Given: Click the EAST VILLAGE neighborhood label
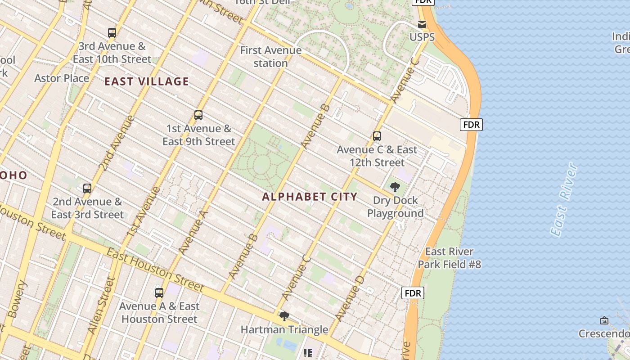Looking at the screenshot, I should (146, 81).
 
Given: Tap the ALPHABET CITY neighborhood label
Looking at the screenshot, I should (310, 197).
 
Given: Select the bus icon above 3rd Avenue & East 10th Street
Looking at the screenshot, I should (112, 33).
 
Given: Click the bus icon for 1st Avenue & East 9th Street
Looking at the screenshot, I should (198, 115).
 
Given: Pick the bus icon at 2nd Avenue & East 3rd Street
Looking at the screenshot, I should (87, 189).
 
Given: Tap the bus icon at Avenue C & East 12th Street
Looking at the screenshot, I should (377, 136).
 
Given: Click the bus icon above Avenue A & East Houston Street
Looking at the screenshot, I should (159, 293).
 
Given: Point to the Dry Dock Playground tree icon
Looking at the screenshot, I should (395, 187).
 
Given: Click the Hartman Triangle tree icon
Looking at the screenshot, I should (284, 316).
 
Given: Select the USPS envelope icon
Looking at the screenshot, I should (422, 24).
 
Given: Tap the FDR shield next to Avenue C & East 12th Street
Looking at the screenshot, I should (471, 125).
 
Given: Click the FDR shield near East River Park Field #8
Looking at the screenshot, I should (413, 293).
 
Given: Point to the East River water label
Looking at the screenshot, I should (564, 200).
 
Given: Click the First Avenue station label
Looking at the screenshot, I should (270, 57).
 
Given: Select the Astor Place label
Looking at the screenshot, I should (62, 78).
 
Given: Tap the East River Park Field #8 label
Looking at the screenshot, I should (449, 258).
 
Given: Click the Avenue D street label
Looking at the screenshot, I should (349, 297).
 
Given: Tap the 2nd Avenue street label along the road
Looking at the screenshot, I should (116, 143).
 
